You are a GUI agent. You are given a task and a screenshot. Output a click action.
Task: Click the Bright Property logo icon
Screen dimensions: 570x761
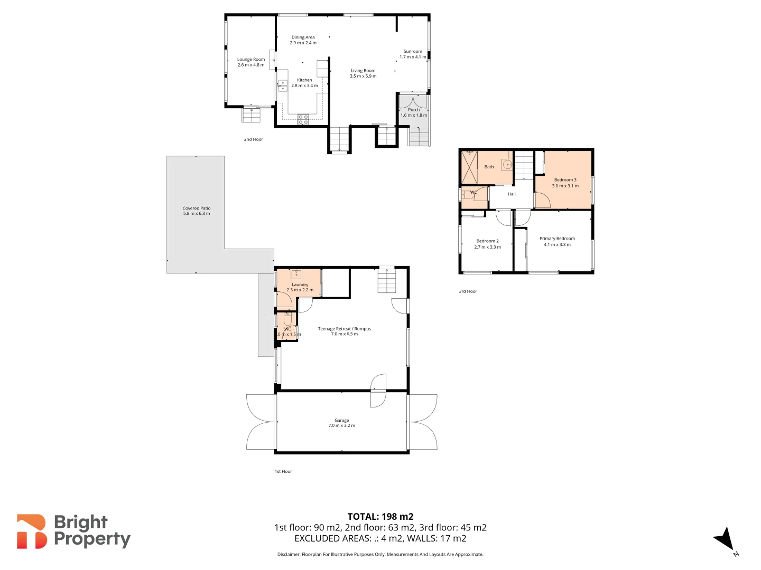[32, 531]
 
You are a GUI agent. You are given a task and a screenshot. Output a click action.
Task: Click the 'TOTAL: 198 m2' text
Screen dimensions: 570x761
[380, 517]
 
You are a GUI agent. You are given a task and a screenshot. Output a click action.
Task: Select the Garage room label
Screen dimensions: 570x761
[341, 423]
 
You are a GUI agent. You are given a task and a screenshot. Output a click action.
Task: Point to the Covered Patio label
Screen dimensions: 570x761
[197, 211]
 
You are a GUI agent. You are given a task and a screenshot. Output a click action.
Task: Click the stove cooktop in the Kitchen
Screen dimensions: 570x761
[303, 120]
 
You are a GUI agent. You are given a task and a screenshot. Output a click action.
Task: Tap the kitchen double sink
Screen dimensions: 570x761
[283, 85]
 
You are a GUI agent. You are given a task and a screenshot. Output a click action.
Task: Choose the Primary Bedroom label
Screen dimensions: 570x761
[557, 241]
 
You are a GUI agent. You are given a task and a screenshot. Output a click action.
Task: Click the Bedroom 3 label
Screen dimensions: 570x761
[565, 183]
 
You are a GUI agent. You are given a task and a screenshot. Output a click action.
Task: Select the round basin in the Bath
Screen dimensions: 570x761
[507, 165]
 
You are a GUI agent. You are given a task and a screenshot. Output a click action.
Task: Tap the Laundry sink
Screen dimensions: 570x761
[296, 274]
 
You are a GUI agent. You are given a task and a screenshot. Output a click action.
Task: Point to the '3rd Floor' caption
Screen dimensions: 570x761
[468, 291]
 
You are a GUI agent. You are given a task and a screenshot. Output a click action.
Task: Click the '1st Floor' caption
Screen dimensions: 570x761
[283, 471]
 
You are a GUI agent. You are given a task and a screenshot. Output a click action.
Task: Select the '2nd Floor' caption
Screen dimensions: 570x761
[253, 139]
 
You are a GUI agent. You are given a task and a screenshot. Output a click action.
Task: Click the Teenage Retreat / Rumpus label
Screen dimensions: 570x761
[344, 331]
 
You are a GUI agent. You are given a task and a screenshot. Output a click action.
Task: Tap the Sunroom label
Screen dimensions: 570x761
[413, 54]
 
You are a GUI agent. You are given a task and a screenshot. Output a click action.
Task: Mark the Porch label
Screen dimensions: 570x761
[414, 112]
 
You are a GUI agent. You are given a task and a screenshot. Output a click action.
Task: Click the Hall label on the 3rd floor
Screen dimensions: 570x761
[512, 194]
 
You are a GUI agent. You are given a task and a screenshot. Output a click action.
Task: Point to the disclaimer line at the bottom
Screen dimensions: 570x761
[380, 554]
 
